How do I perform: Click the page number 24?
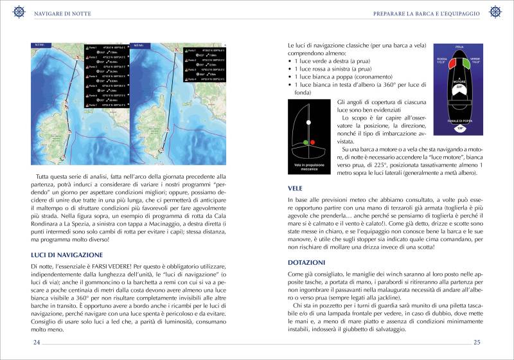click(37, 342)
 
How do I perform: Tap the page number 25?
click(477, 342)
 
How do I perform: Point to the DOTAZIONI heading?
click(306, 262)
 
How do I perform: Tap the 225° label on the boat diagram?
click(459, 86)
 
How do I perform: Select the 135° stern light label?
click(459, 129)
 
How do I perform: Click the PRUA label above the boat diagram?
click(459, 48)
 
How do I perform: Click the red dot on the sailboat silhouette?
click(313, 141)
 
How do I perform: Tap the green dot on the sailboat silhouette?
click(306, 140)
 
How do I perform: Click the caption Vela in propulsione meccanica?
click(310, 168)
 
